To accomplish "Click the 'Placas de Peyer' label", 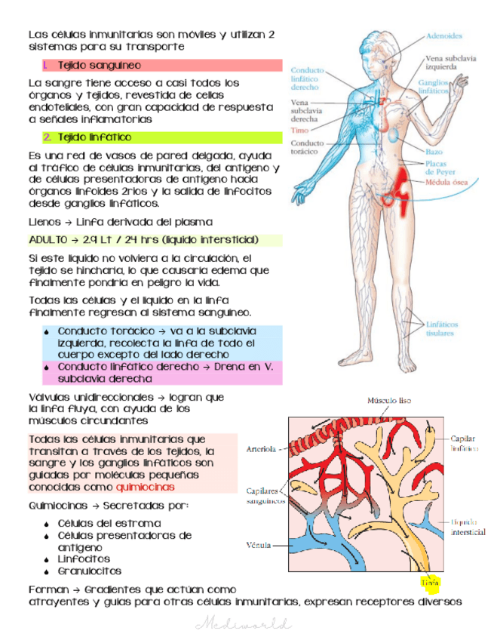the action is coord(440,167).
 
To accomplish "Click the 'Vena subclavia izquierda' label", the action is coord(445,60).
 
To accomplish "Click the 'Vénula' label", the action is coord(259,543).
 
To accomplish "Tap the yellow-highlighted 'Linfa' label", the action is coord(430,582).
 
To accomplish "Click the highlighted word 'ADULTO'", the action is coord(48,240).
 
